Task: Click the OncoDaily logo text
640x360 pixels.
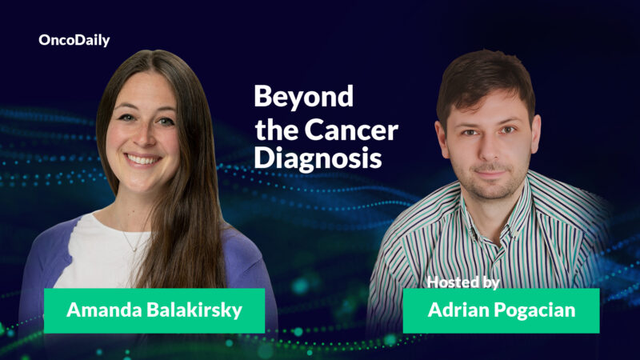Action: (x=74, y=40)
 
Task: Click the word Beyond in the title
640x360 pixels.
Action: (x=303, y=97)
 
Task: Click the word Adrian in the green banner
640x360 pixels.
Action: (x=456, y=310)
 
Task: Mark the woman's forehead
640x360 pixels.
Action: (x=142, y=92)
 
